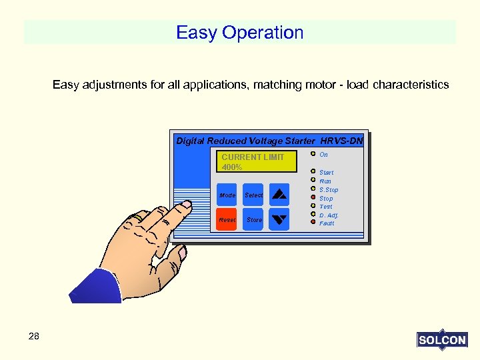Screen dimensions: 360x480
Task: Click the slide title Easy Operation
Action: [239, 33]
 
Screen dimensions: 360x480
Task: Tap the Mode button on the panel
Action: [227, 195]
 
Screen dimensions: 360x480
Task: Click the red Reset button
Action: [227, 219]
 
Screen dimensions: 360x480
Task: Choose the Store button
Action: [254, 219]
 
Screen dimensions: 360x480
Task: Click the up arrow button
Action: [280, 195]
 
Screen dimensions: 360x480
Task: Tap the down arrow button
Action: [280, 219]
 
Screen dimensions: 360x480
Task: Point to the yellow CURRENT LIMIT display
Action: [257, 161]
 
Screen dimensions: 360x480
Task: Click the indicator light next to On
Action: [313, 155]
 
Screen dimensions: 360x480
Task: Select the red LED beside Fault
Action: [313, 223]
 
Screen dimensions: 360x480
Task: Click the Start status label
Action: [327, 173]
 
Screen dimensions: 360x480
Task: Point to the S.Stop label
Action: [329, 190]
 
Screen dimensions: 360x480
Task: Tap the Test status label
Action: [326, 207]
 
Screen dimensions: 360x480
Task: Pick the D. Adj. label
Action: [329, 215]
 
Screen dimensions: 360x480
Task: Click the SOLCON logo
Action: [442, 340]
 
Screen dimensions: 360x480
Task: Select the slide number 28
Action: [34, 337]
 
